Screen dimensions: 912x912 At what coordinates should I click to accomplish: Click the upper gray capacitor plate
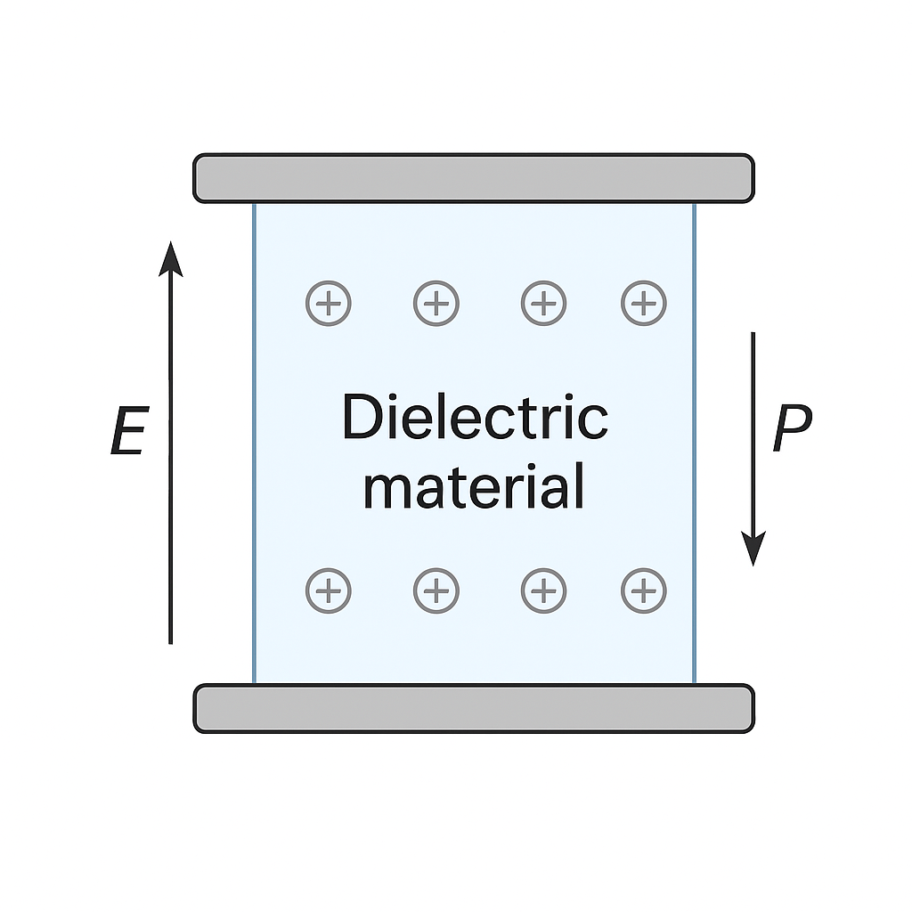pos(474,178)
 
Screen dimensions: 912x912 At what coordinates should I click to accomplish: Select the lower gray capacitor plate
pos(474,709)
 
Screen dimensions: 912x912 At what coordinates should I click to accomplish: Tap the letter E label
pos(128,434)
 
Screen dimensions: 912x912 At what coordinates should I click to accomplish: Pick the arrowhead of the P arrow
pos(753,549)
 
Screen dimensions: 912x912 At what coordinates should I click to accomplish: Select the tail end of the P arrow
pos(753,335)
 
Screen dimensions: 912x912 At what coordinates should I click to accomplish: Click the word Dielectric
pos(475,418)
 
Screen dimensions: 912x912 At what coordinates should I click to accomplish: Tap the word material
pos(475,486)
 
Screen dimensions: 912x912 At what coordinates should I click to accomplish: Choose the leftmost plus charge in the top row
pos(329,304)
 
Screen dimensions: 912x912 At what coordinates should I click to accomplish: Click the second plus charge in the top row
pos(436,304)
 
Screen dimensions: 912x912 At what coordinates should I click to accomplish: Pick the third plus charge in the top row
pos(543,304)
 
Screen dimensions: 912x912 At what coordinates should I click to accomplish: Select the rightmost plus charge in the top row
pos(643,304)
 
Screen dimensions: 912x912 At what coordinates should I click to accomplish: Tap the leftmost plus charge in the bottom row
pos(329,590)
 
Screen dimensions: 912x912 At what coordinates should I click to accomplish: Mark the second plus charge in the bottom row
pos(436,590)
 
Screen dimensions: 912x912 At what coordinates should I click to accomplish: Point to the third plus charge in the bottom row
pos(543,590)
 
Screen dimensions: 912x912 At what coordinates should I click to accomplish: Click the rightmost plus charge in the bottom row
pos(643,590)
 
